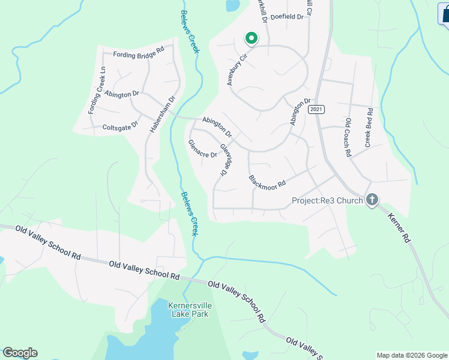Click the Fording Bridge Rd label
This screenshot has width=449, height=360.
(x=138, y=54)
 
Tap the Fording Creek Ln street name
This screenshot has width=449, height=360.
(x=97, y=90)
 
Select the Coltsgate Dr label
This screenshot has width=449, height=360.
(x=120, y=127)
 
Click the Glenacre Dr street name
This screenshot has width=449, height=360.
(x=202, y=149)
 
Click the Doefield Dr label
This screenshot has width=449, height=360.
(x=288, y=17)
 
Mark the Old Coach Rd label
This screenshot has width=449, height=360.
(x=347, y=137)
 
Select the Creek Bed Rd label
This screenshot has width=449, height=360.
(x=369, y=128)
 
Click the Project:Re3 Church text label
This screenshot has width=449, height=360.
(x=327, y=200)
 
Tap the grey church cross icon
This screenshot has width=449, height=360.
(x=372, y=200)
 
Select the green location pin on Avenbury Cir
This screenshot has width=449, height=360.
(x=251, y=38)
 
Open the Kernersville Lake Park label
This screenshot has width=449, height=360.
(x=191, y=310)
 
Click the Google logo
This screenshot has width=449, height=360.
(x=20, y=353)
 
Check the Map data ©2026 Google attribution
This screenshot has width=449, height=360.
(x=412, y=355)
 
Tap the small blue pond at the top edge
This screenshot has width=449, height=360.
(x=231, y=5)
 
